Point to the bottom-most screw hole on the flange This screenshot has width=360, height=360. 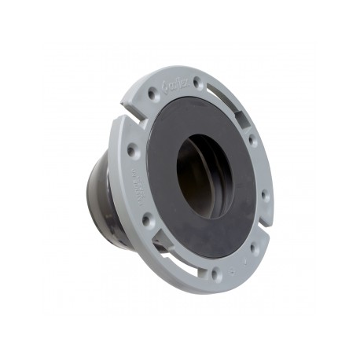215,274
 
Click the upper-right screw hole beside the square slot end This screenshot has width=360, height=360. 252,140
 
